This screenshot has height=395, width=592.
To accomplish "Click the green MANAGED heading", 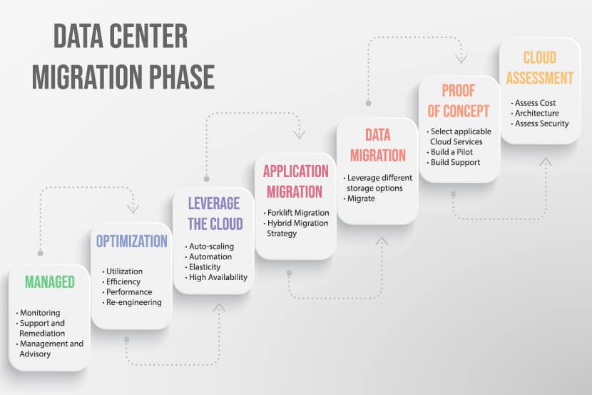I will tap(50, 282).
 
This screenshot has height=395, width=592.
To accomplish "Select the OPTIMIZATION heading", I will tap(132, 241).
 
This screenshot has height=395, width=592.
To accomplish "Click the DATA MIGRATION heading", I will tap(377, 145).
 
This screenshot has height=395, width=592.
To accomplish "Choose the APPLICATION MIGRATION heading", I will tap(296, 181).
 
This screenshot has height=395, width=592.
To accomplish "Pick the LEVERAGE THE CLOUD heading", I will tap(213, 213).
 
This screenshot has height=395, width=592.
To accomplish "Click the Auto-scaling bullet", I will tap(211, 246).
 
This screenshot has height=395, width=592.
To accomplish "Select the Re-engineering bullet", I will tap(134, 302).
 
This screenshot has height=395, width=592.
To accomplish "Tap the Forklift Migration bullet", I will tap(298, 213).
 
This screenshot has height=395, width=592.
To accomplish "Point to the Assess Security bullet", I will tap(542, 124).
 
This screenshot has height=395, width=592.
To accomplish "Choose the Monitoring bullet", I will tap(41, 313).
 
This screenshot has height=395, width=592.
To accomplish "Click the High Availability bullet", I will tap(218, 277).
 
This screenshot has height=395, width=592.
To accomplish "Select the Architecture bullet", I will tap(537, 114).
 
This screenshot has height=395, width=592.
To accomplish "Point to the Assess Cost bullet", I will tap(535, 103).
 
